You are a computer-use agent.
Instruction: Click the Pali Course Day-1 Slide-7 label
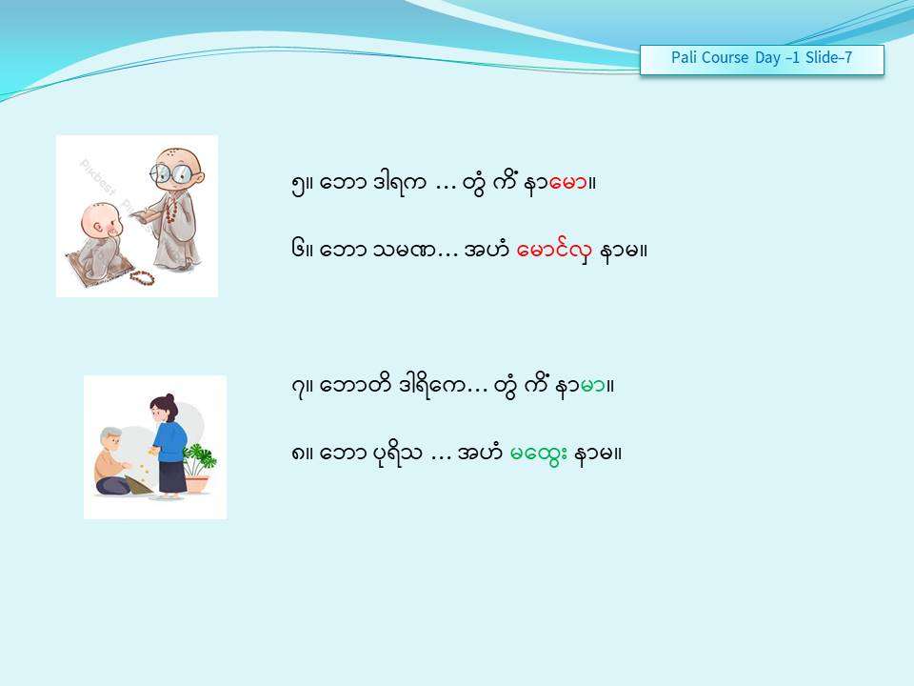pos(762,58)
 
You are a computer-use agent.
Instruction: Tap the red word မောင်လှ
pos(554,251)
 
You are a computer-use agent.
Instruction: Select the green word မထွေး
pos(538,454)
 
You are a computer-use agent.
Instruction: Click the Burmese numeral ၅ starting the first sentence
pos(297,185)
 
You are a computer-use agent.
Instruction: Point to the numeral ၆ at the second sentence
pos(297,251)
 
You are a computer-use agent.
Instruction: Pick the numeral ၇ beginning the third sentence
pos(297,388)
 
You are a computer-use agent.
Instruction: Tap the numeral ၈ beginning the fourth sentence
pos(297,454)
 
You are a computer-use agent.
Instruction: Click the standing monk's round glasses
pos(170,172)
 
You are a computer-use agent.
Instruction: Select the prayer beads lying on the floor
pos(142,277)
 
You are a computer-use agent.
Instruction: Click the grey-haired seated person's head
pos(110,440)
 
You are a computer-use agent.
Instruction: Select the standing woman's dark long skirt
pos(172,476)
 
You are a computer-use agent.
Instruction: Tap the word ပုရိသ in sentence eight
pos(397,454)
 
